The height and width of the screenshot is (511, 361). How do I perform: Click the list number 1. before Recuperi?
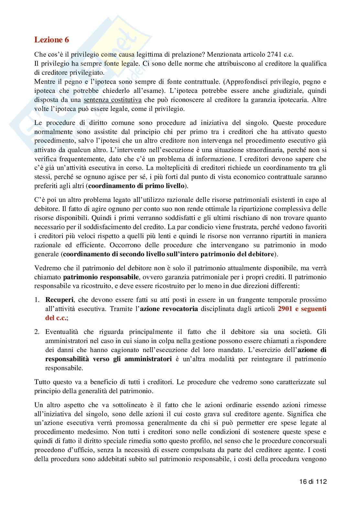tap(37, 300)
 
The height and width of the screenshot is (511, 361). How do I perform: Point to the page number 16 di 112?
tap(312, 481)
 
